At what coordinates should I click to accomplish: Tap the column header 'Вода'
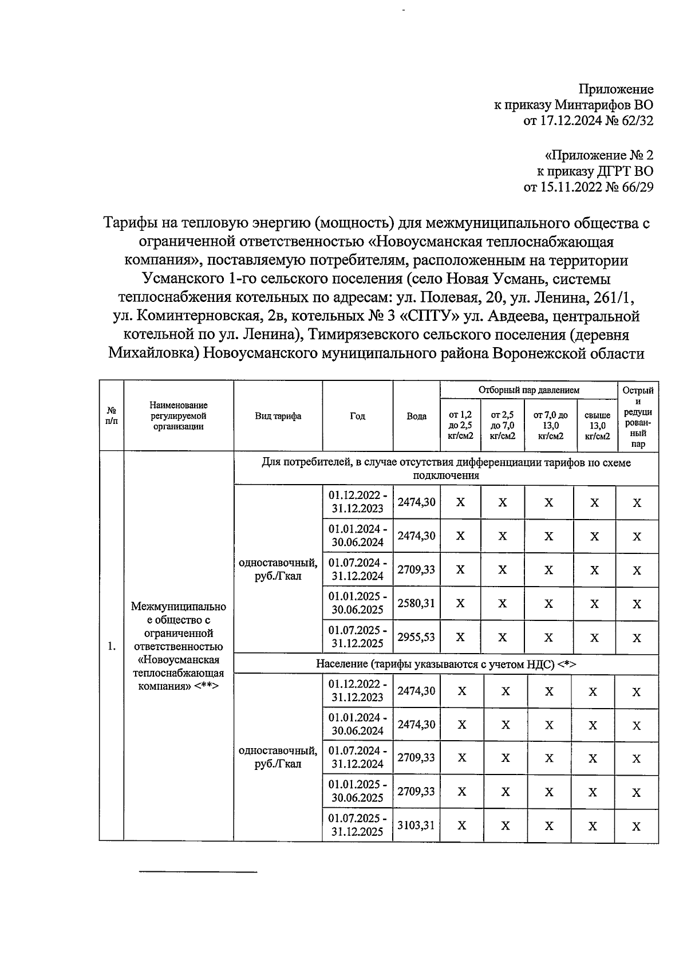tap(416, 416)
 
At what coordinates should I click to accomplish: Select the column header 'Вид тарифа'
tap(278, 416)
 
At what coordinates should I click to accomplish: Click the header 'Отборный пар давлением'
tap(528, 390)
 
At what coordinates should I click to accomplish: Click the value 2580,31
tap(416, 603)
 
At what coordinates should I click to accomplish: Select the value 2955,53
tap(416, 637)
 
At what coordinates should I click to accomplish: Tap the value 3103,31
tap(416, 825)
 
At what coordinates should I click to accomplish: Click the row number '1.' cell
tap(112, 646)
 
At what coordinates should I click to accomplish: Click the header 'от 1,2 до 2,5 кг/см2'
tap(461, 425)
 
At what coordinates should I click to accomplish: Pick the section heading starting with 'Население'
tap(446, 664)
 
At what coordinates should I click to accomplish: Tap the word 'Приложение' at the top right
tap(616, 89)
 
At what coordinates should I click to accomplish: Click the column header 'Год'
tap(357, 416)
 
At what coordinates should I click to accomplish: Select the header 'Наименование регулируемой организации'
tap(179, 416)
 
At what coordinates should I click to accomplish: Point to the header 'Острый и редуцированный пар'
tap(638, 416)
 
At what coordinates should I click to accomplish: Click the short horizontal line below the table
tap(199, 872)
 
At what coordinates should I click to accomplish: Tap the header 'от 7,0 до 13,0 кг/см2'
tap(550, 425)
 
